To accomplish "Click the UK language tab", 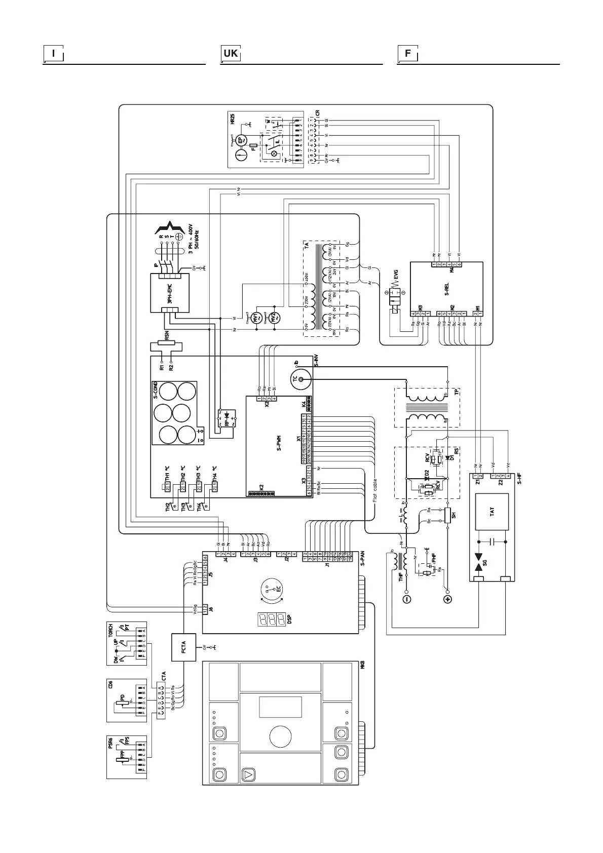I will click(231, 54).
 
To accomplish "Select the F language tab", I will click(407, 54).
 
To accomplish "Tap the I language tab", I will click(53, 54).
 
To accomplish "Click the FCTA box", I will click(183, 647).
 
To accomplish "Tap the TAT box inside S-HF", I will click(492, 511).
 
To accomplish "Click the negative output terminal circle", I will click(406, 599).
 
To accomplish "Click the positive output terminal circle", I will click(447, 599).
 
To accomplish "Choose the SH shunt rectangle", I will click(447, 515).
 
